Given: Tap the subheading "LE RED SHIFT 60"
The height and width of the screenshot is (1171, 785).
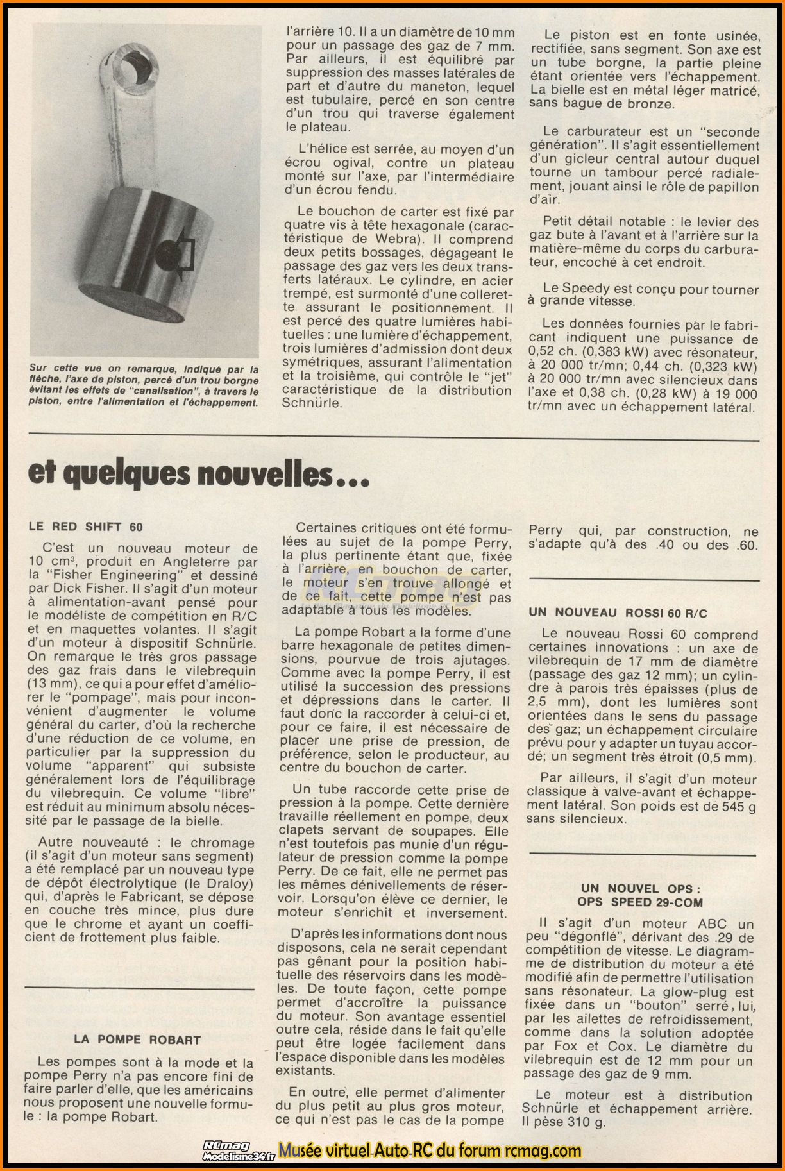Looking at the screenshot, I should point(86,527).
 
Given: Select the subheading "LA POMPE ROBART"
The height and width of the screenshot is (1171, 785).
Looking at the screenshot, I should point(137,1040).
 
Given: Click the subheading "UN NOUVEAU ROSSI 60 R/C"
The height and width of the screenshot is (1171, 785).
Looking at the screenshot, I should point(618,613).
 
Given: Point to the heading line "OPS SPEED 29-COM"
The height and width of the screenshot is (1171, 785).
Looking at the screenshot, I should point(639,902).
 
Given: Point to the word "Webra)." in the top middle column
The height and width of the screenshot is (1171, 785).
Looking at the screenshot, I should point(394,239).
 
